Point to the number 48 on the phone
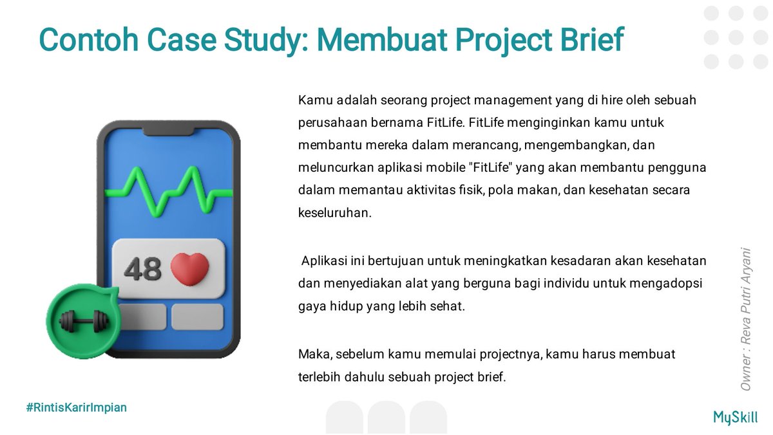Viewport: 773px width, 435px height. (x=142, y=269)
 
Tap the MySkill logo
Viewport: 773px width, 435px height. (x=736, y=417)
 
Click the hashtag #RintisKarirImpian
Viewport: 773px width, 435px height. (x=76, y=407)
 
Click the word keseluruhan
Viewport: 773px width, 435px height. (x=335, y=213)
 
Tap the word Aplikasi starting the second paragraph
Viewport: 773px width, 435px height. (x=323, y=261)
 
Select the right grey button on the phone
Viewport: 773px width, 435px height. (x=197, y=317)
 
